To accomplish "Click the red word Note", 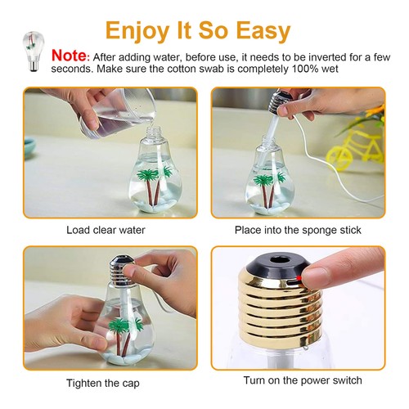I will click(x=69, y=56).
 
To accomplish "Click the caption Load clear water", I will click(x=106, y=230).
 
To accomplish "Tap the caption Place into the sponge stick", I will click(x=297, y=230).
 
